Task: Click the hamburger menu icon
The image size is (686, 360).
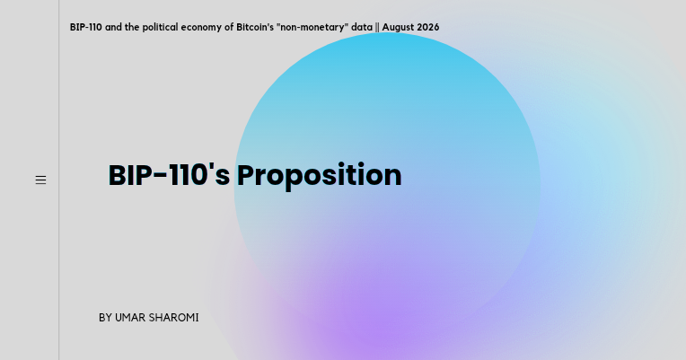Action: pos(40,180)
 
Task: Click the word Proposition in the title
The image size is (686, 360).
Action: pos(320,176)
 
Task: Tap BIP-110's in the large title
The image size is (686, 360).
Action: pos(169,175)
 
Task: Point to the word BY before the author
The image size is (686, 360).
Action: pos(105,318)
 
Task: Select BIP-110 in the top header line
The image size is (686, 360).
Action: pos(86,27)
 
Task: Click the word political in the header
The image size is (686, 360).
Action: pos(160,28)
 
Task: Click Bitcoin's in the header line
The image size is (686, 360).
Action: pos(255,27)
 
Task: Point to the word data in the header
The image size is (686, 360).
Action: pos(362,27)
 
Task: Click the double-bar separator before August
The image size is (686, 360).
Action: pos(377,28)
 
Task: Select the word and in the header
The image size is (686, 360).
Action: pos(113,27)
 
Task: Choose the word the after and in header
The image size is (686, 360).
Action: pos(132,27)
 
